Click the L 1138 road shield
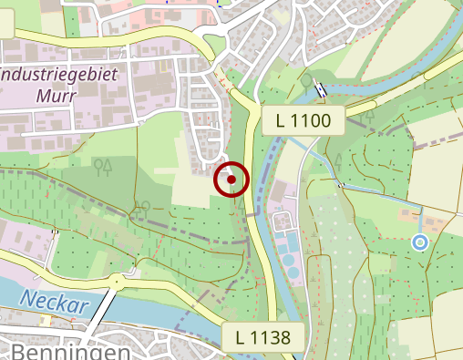(262, 337)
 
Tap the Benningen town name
(69, 351)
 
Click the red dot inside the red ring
(231, 180)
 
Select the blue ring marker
(419, 242)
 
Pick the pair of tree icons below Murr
(103, 165)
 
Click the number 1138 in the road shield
(271, 337)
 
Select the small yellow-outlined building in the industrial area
(163, 65)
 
